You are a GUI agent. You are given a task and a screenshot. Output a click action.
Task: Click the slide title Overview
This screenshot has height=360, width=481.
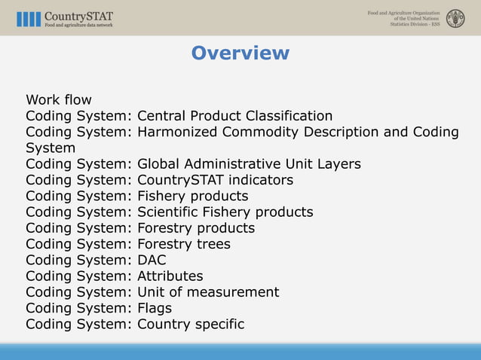point(240,53)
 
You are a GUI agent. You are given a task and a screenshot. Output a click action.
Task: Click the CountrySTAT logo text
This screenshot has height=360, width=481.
point(78,14)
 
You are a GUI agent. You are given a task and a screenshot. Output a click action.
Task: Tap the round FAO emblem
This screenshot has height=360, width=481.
point(455,18)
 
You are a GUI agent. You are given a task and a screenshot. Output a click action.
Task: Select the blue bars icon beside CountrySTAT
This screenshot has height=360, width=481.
point(29,19)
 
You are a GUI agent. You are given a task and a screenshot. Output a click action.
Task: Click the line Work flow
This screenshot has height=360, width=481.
point(59,100)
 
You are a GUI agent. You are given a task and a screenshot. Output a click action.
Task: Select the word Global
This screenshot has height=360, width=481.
point(161,163)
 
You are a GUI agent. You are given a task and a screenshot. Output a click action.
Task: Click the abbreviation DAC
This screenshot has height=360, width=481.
point(152,260)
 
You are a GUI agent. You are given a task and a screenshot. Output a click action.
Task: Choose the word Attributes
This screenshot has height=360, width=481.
point(170,276)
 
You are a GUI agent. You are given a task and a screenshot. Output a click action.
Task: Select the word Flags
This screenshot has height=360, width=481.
point(154,308)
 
